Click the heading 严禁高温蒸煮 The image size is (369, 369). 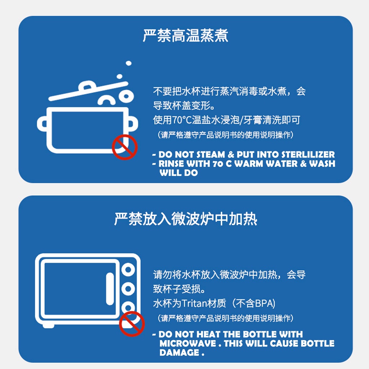point(186,36)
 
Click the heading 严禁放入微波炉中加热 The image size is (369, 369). point(186,219)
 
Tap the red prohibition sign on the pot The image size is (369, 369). point(124,147)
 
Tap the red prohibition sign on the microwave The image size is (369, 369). point(132,324)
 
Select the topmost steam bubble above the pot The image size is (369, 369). point(129,63)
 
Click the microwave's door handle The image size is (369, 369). point(110,289)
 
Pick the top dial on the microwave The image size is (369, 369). point(128,270)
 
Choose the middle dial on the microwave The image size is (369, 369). point(128,289)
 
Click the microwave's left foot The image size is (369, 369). point(49,326)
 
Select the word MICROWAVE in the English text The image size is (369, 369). point(187,343)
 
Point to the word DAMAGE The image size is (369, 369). point(179,352)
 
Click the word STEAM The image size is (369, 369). point(210,155)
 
